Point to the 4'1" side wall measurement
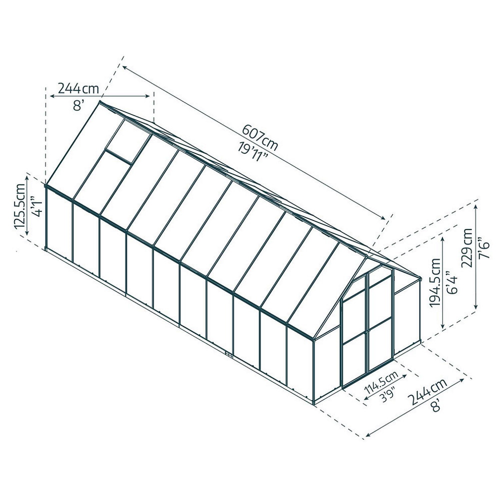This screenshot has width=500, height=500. tap(37, 207)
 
